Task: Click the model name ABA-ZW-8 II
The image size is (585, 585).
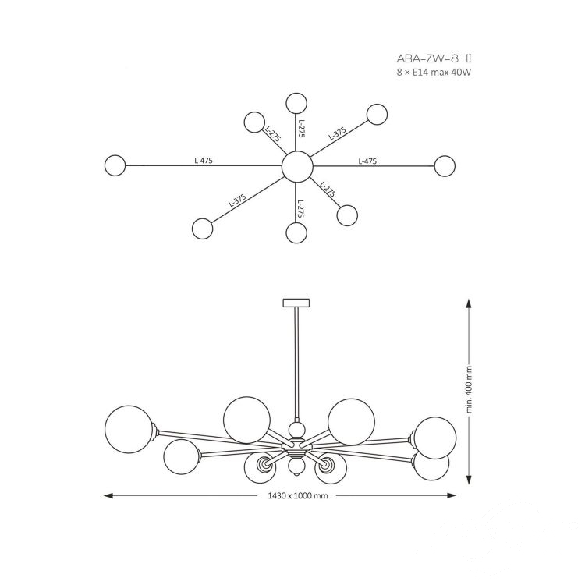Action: [434, 59]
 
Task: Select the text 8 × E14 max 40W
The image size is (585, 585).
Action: [434, 73]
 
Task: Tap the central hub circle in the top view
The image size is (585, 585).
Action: [297, 166]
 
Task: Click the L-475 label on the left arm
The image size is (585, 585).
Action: [204, 161]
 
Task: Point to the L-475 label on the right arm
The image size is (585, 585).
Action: [367, 161]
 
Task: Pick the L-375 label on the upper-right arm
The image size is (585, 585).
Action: [337, 133]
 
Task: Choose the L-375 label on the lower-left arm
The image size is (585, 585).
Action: [237, 200]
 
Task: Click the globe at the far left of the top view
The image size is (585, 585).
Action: [115, 165]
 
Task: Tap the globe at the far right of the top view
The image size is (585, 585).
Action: [445, 166]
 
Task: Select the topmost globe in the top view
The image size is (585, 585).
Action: [296, 103]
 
